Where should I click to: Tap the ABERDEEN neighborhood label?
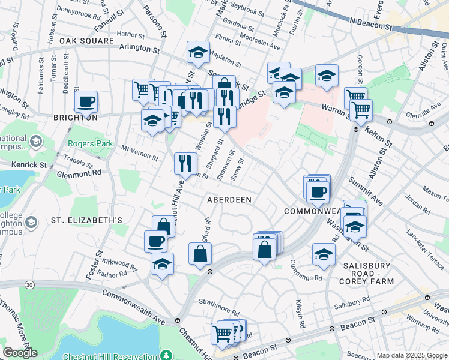pyautogui.click(x=229, y=199)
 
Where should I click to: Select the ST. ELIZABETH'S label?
pyautogui.click(x=86, y=220)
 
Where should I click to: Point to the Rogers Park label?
pyautogui.click(x=90, y=143)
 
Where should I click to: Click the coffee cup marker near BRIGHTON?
pyautogui.click(x=86, y=101)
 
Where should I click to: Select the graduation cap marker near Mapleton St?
pyautogui.click(x=198, y=52)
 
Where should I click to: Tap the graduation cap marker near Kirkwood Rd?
pyautogui.click(x=162, y=264)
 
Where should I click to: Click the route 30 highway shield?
pyautogui.click(x=29, y=283)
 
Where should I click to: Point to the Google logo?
pyautogui.click(x=20, y=353)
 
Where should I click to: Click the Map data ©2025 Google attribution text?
pyautogui.click(x=412, y=355)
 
